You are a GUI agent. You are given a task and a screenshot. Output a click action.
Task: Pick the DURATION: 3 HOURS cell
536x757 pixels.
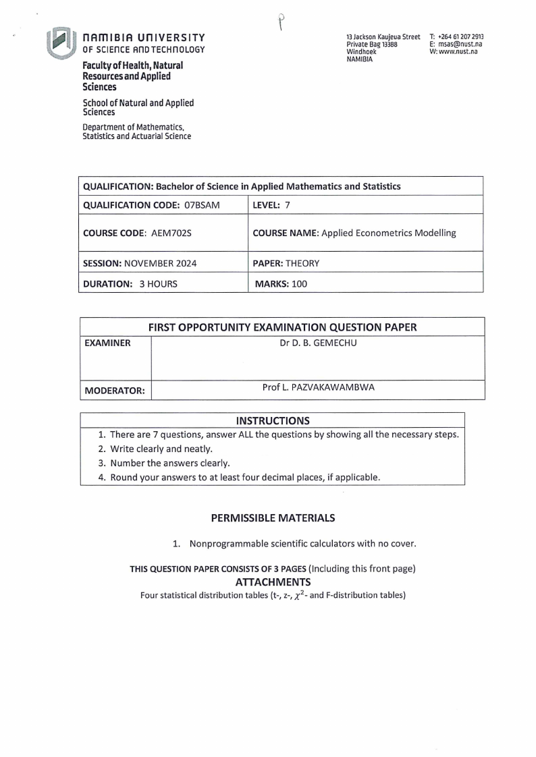[x=130, y=284]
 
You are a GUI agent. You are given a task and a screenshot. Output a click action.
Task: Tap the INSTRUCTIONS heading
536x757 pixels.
[x=273, y=421]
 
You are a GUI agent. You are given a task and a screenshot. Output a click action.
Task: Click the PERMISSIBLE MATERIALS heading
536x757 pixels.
[x=273, y=518]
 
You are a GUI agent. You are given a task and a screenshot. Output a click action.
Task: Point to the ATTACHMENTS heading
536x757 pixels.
[x=273, y=582]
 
